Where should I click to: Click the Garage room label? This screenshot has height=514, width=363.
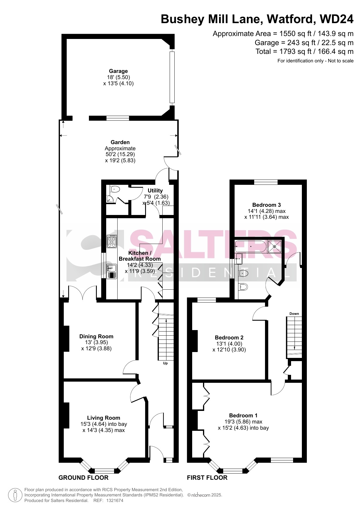118,71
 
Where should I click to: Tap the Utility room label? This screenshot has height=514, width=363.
155,190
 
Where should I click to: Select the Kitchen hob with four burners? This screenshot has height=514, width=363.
112,241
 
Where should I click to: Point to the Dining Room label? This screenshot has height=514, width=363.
96,337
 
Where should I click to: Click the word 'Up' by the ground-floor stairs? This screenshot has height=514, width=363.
165,363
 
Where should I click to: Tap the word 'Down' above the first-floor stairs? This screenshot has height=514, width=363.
294,314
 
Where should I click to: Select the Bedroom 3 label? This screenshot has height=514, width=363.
266,205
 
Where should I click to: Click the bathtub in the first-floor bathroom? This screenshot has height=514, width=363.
251,246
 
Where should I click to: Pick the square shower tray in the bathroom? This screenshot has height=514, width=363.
274,246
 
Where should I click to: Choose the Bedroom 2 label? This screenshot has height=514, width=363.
229,337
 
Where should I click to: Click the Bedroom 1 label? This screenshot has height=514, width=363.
243,415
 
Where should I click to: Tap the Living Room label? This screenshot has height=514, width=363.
104,418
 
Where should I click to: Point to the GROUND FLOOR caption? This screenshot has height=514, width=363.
83,478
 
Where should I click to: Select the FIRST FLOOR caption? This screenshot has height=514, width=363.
207,478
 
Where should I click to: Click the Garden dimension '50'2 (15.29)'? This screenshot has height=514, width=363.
120,154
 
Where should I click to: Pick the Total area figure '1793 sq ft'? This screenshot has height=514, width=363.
293,52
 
